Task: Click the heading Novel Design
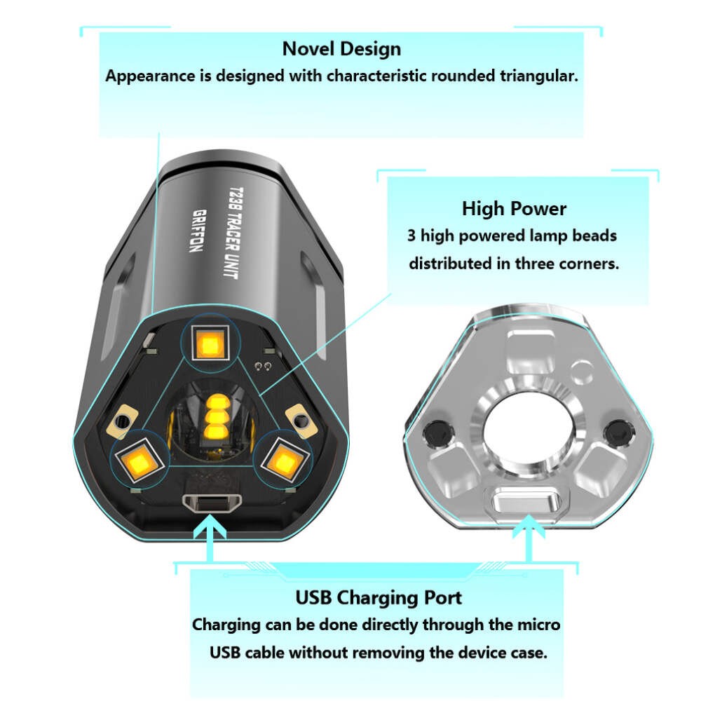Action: coord(341,49)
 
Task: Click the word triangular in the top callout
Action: coord(538,76)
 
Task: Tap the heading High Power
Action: coord(514,209)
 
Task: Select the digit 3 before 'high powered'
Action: coord(411,236)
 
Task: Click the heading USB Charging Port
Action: coord(379,598)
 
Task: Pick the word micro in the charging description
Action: coord(538,625)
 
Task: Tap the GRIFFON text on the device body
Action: coord(198,230)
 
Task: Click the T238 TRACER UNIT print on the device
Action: coord(232,233)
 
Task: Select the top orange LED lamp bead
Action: coord(210,343)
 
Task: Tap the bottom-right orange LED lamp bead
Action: coord(285,461)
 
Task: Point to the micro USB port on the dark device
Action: coord(212,503)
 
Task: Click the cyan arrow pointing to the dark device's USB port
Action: coord(209,538)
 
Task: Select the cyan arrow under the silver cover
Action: coord(529,538)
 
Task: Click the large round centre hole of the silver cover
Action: coord(528,429)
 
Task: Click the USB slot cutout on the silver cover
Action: coord(527,502)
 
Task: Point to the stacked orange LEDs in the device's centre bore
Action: coord(215,417)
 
